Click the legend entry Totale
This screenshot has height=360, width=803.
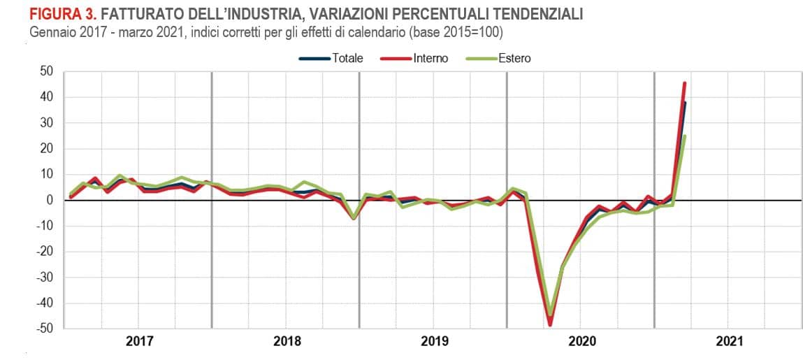tap(347, 59)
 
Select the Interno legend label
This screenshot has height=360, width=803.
tap(431, 59)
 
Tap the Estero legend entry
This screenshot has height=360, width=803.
tap(514, 59)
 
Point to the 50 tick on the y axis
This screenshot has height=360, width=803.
tap(47, 71)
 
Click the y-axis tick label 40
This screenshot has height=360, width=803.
tap(47, 97)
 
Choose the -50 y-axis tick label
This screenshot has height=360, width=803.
tap(44, 329)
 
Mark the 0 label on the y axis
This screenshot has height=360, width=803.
tap(50, 200)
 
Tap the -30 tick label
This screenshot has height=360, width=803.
tap(44, 278)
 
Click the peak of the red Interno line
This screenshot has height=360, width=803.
tap(684, 83)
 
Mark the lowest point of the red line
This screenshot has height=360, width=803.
tap(550, 324)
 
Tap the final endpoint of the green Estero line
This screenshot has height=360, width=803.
tap(685, 136)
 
